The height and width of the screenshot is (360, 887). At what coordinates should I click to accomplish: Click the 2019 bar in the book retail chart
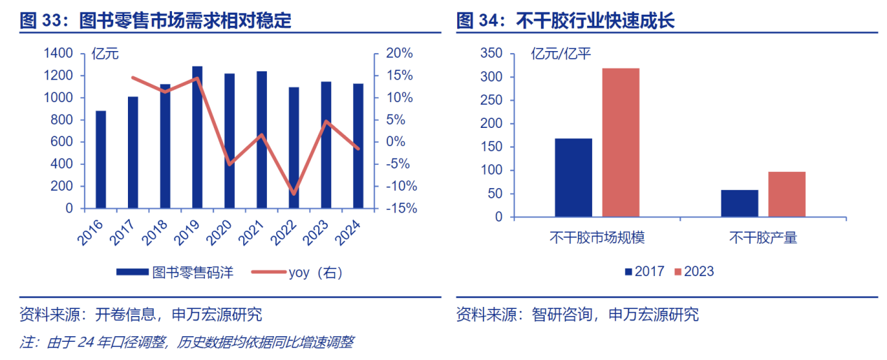[197, 138]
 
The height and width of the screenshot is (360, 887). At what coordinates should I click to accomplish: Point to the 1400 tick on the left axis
[58, 54]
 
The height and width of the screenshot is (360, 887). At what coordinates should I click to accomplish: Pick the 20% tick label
[399, 54]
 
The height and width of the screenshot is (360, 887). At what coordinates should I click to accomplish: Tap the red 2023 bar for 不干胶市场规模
[620, 143]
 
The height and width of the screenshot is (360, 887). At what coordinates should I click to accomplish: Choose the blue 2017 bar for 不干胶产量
[740, 203]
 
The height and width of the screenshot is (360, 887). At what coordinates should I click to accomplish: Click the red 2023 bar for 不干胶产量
[786, 194]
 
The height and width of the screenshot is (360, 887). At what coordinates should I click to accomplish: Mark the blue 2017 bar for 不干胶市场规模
[573, 178]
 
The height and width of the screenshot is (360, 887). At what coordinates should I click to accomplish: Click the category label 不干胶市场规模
[597, 238]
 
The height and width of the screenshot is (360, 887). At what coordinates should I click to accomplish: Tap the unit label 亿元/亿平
[561, 54]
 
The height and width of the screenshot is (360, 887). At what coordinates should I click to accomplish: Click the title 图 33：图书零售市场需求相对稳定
[155, 21]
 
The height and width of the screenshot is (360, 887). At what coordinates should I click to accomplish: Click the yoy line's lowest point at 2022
[294, 194]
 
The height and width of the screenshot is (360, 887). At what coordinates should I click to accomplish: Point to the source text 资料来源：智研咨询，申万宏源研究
[577, 315]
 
